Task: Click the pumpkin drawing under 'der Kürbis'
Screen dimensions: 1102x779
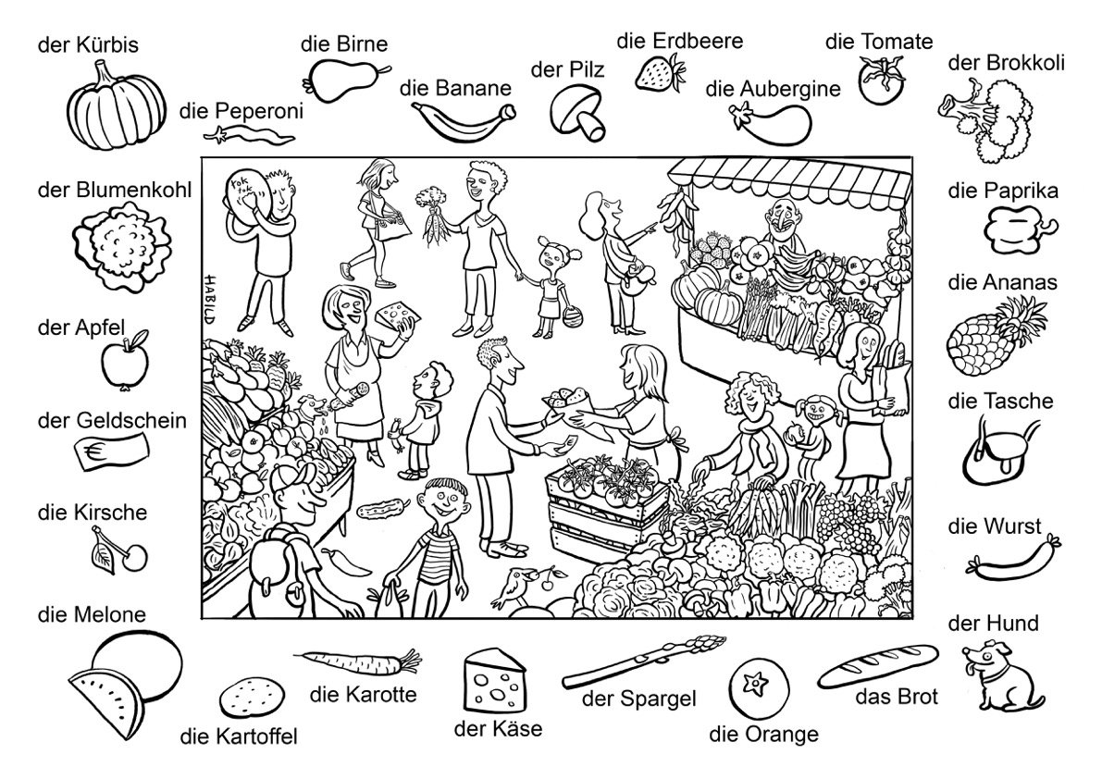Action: (116, 105)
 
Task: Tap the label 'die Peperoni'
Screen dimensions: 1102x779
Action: (241, 111)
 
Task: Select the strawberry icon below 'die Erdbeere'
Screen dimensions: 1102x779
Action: (660, 73)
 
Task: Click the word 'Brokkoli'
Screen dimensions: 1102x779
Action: (1025, 63)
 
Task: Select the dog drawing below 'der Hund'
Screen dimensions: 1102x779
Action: (1002, 674)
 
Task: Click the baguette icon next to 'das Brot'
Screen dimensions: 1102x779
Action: (878, 665)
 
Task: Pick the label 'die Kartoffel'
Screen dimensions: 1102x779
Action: (239, 736)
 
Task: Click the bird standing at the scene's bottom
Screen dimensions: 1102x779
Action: (514, 585)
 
